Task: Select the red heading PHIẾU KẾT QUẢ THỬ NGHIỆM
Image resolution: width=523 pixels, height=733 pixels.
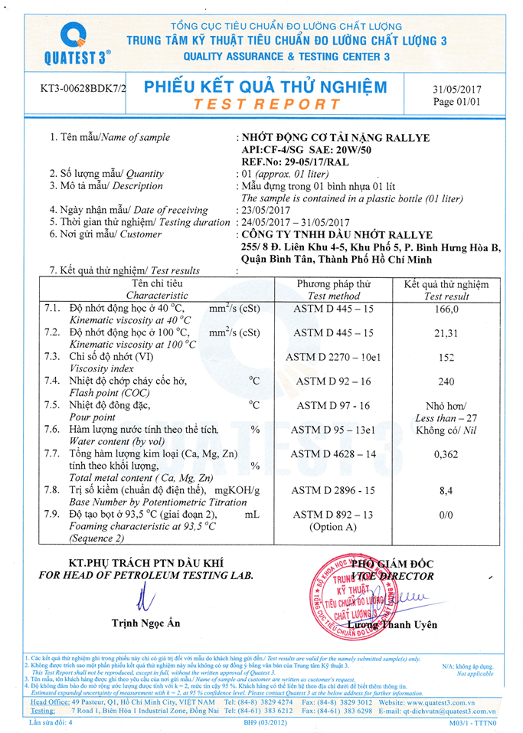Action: click(266, 87)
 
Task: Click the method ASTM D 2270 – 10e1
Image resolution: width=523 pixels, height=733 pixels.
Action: click(333, 357)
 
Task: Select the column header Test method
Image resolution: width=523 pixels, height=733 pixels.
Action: click(333, 296)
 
